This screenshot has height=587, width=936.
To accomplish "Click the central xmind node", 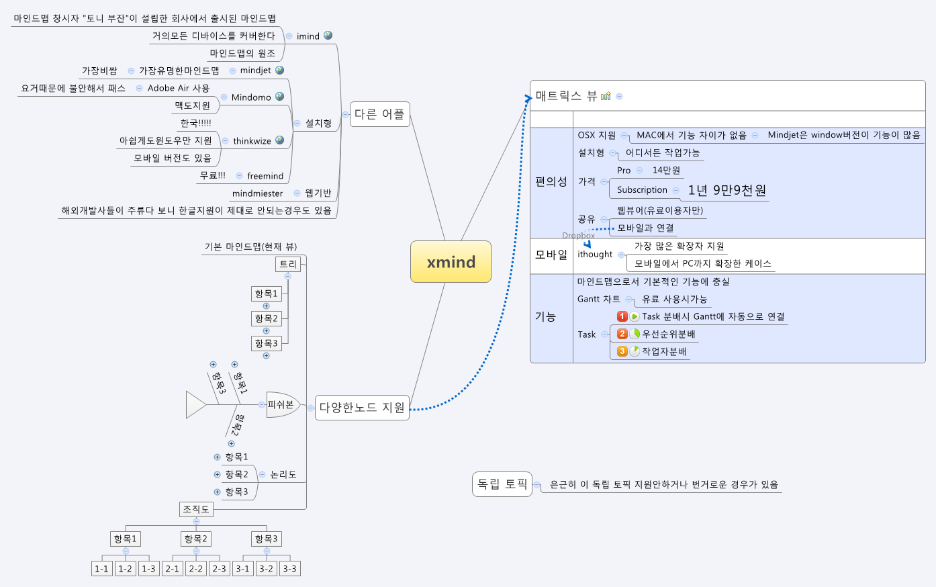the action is point(451,262).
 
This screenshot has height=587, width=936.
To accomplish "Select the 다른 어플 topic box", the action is point(380,114).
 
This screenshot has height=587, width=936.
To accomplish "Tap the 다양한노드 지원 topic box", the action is point(362,408).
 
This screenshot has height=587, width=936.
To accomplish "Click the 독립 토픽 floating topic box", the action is point(502,484).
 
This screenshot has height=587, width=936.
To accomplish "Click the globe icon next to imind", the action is point(328,36).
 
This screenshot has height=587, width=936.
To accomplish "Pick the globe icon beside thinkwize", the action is point(279,140).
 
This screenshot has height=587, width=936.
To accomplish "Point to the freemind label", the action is point(265,176).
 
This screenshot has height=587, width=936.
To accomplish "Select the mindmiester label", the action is point(257,193).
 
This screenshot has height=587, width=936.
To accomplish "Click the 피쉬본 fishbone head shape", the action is point(283,405).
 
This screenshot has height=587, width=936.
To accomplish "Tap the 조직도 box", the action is point(196,509).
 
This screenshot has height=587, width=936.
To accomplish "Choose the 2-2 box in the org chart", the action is point(195,569).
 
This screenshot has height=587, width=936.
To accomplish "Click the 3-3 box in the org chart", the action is point(289,569).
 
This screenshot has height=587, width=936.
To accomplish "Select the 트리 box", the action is point(288,264).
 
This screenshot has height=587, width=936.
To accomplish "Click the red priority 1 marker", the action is point(622,316).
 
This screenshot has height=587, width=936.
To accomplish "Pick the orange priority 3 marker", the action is point(622,351).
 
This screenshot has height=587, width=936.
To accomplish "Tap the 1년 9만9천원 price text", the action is point(727,190).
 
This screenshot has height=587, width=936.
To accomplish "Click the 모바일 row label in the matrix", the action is point(551,255).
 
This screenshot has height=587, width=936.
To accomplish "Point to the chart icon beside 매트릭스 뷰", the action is point(606,96).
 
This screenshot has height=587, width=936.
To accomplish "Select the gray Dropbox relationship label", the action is point(578,235).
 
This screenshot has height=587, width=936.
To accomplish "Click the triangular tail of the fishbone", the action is point(195,405).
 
